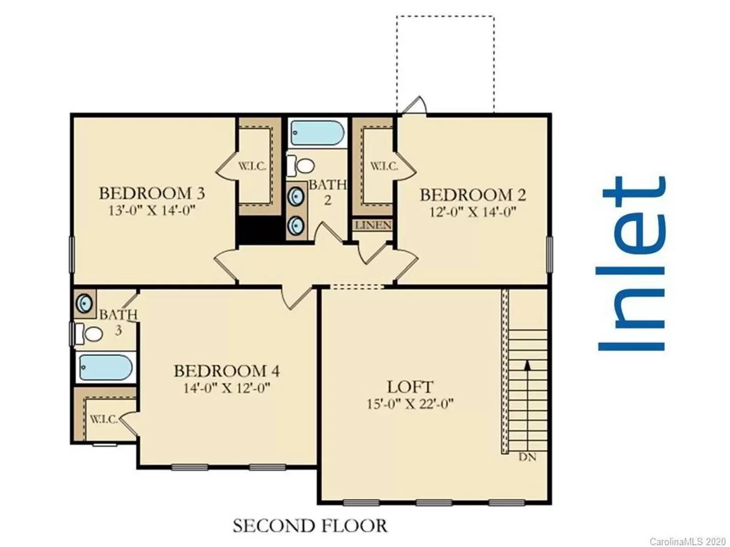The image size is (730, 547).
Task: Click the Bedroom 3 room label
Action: click(152, 193)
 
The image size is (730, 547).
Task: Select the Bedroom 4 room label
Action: click(227, 371)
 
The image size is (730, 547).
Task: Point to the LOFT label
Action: click(410, 387)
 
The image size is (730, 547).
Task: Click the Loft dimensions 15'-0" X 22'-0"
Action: click(410, 404)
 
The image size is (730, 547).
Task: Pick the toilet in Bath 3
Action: click(89, 333)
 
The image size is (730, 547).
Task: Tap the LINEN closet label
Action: click(373, 225)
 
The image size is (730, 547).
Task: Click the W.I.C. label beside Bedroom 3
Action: click(252, 167)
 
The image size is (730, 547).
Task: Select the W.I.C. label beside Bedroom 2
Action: click(384, 166)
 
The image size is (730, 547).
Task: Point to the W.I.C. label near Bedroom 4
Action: click(104, 419)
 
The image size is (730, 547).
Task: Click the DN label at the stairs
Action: click(527, 457)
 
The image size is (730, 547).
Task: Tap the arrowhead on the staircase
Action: click(527, 365)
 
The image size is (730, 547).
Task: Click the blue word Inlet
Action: click(631, 263)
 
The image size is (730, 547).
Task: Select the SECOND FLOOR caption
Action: click(310, 526)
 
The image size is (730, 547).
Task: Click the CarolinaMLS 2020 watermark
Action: click(688, 541)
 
